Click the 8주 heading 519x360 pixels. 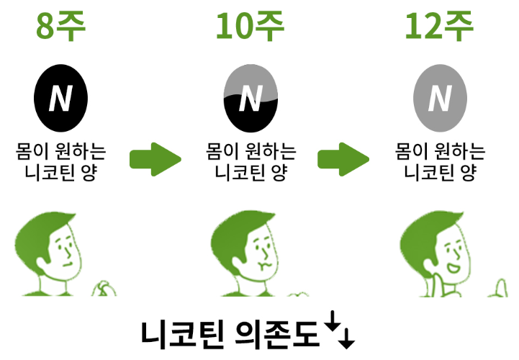(x=61, y=27)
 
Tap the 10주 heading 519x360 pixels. (x=250, y=27)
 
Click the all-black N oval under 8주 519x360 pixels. (x=61, y=99)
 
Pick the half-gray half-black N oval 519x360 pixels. (x=250, y=99)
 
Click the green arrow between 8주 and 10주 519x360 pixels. (x=154, y=159)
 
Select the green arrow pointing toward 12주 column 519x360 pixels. (x=344, y=159)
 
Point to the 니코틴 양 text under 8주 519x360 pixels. (x=61, y=174)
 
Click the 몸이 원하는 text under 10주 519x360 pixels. (x=250, y=153)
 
